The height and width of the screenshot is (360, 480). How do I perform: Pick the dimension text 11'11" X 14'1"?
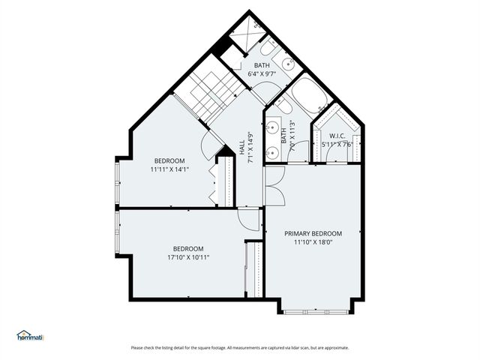pos(169,169)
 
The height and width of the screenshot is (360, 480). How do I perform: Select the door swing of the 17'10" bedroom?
pos(248,219)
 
